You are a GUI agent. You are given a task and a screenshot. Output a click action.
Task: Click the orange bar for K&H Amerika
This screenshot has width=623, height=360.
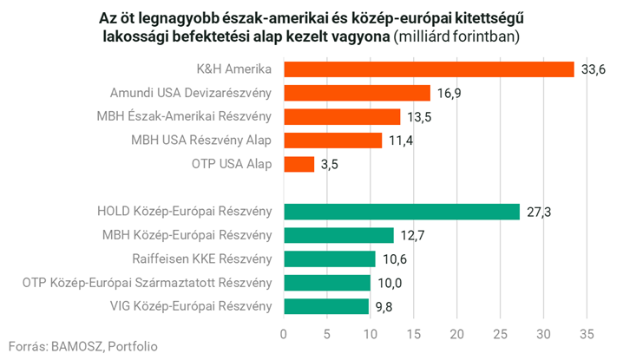click(429, 69)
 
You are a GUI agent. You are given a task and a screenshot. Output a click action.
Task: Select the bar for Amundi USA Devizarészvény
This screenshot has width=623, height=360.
click(357, 93)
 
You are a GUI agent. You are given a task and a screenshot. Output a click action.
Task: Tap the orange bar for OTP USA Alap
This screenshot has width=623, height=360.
click(298, 164)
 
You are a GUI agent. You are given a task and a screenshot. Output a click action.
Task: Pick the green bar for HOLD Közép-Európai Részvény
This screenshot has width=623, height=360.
click(401, 212)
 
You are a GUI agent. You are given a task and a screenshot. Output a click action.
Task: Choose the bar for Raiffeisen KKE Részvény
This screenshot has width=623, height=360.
click(329, 259)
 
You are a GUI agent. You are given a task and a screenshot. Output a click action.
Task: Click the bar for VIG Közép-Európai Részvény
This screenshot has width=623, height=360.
click(325, 305)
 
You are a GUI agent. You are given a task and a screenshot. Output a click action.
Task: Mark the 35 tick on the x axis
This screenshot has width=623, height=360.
click(586, 332)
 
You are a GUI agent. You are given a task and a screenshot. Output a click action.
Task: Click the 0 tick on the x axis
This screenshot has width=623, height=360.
click(284, 332)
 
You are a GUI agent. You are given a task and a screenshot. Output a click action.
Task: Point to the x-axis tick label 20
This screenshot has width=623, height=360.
click(456, 332)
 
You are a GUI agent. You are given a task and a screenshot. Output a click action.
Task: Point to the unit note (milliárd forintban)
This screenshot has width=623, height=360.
click(456, 36)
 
